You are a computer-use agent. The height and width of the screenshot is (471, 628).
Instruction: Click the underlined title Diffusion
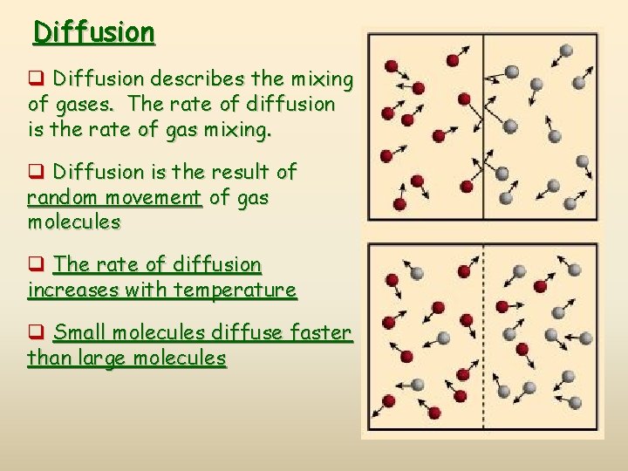(x=94, y=33)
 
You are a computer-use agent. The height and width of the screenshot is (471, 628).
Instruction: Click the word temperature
(x=235, y=290)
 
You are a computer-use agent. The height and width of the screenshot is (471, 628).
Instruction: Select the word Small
(x=81, y=332)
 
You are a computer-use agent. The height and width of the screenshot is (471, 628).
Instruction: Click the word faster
(x=316, y=332)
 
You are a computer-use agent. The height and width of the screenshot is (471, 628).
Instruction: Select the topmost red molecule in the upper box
(x=453, y=60)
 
